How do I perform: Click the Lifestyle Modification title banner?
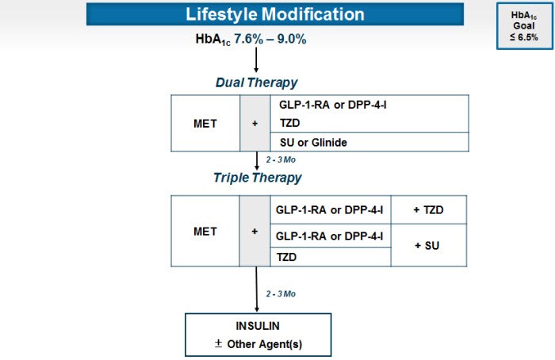click(x=275, y=14)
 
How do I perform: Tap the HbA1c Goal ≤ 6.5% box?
click(x=519, y=25)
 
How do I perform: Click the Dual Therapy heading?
click(x=256, y=82)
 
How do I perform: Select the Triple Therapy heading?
click(x=257, y=177)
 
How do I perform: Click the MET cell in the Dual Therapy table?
click(x=205, y=124)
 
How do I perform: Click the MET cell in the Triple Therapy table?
click(x=205, y=232)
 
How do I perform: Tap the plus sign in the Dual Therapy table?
click(x=255, y=124)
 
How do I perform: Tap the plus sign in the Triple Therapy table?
click(x=255, y=232)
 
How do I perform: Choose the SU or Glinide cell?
click(x=315, y=142)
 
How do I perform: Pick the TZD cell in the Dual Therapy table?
click(x=291, y=124)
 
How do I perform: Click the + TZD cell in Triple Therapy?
click(x=428, y=210)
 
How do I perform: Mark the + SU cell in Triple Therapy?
click(x=428, y=246)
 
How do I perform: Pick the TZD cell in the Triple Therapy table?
click(x=286, y=256)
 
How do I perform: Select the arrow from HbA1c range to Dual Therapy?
click(x=256, y=59)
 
